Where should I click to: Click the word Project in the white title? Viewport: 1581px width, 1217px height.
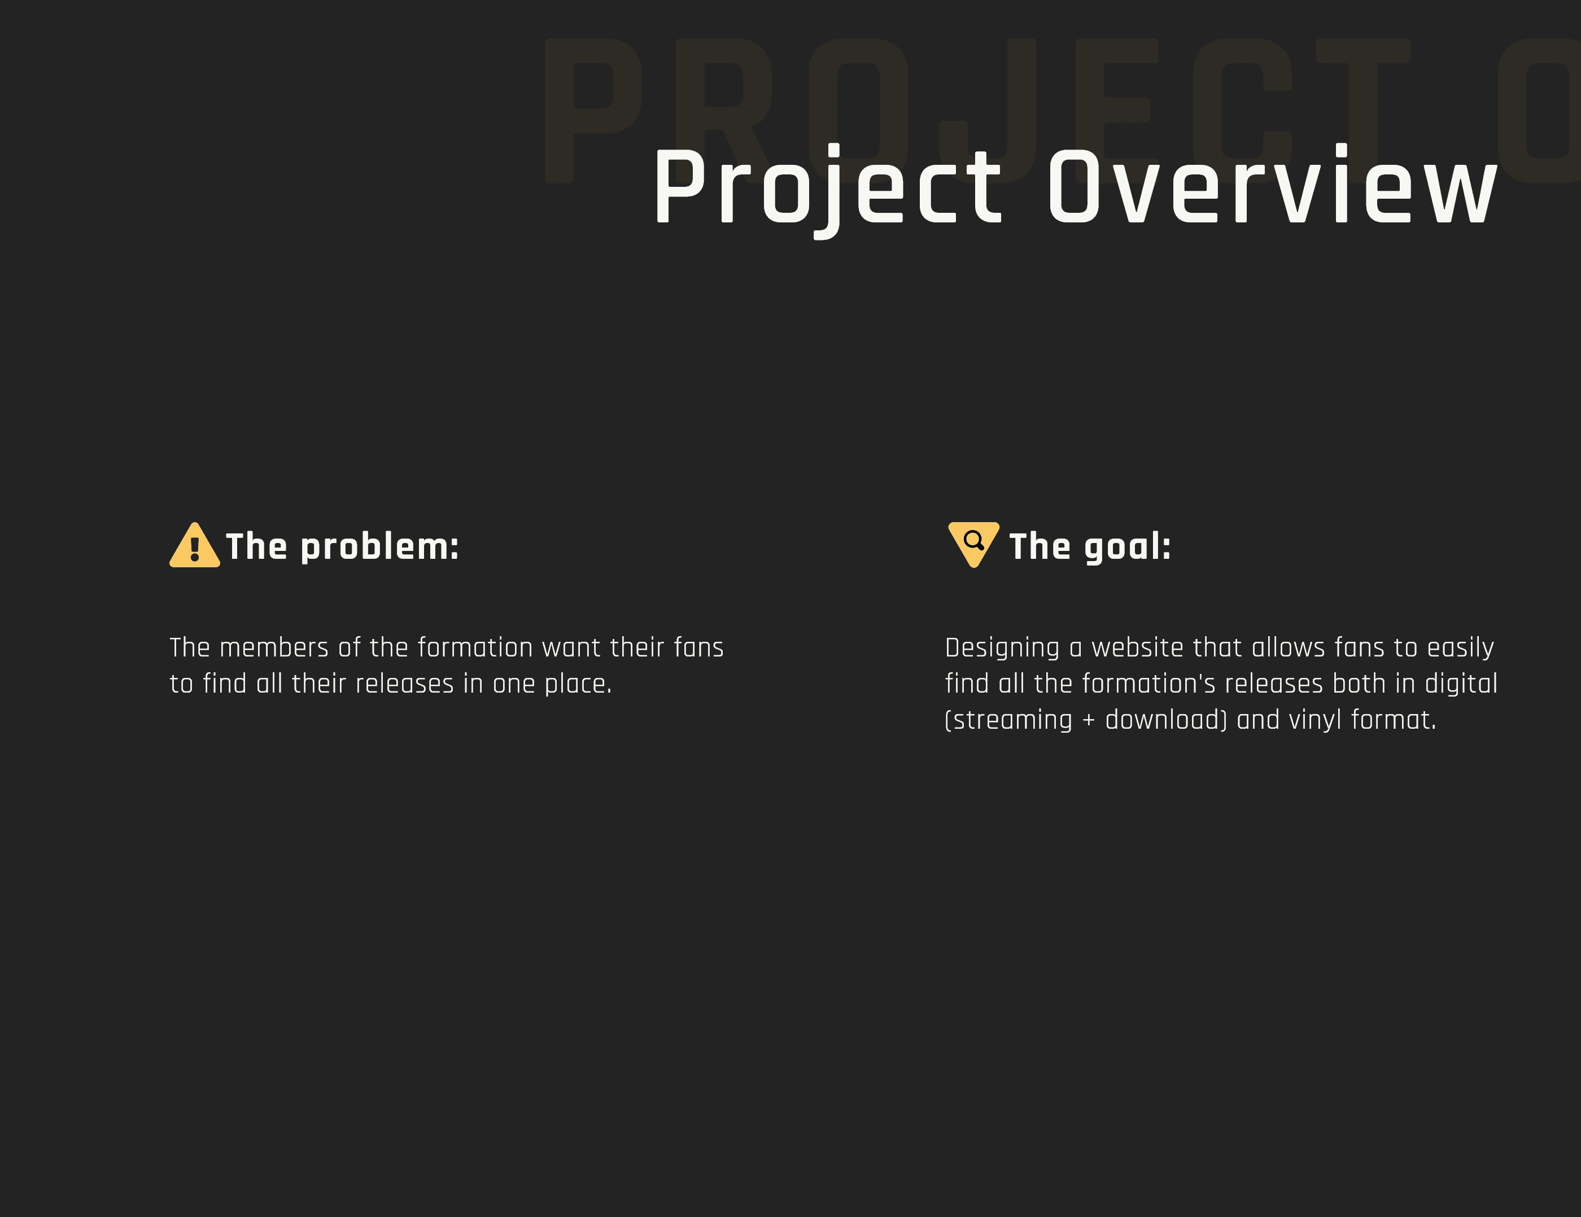[x=827, y=190]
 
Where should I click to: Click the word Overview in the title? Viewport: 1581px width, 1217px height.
[x=1273, y=185]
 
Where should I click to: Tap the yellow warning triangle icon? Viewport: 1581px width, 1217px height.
[x=195, y=545]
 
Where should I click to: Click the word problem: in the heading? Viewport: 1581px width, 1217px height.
[x=380, y=548]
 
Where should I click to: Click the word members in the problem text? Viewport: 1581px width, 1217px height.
[x=274, y=647]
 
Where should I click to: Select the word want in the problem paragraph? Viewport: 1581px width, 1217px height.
[x=571, y=648]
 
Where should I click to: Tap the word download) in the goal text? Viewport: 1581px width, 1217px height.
[x=1166, y=720]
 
